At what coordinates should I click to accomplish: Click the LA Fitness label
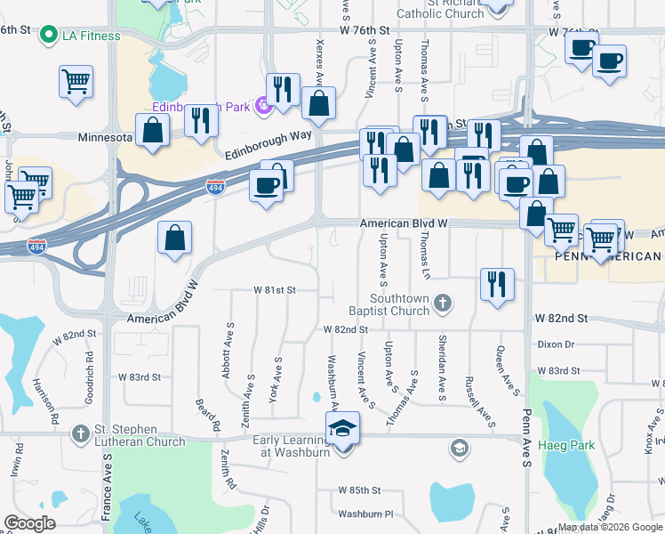91,35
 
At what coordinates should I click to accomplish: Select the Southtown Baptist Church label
400,305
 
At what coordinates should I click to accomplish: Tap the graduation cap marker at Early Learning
342,429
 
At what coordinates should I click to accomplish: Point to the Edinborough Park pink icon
263,108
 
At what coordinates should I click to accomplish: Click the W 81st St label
274,290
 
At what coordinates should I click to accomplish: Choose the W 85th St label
359,490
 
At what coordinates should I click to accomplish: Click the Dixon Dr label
557,344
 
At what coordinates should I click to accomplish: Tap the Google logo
30,523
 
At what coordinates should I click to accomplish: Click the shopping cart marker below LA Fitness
76,81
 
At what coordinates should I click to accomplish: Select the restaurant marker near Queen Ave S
496,284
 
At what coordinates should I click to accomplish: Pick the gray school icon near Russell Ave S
459,447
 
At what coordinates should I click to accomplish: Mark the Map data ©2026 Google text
610,527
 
